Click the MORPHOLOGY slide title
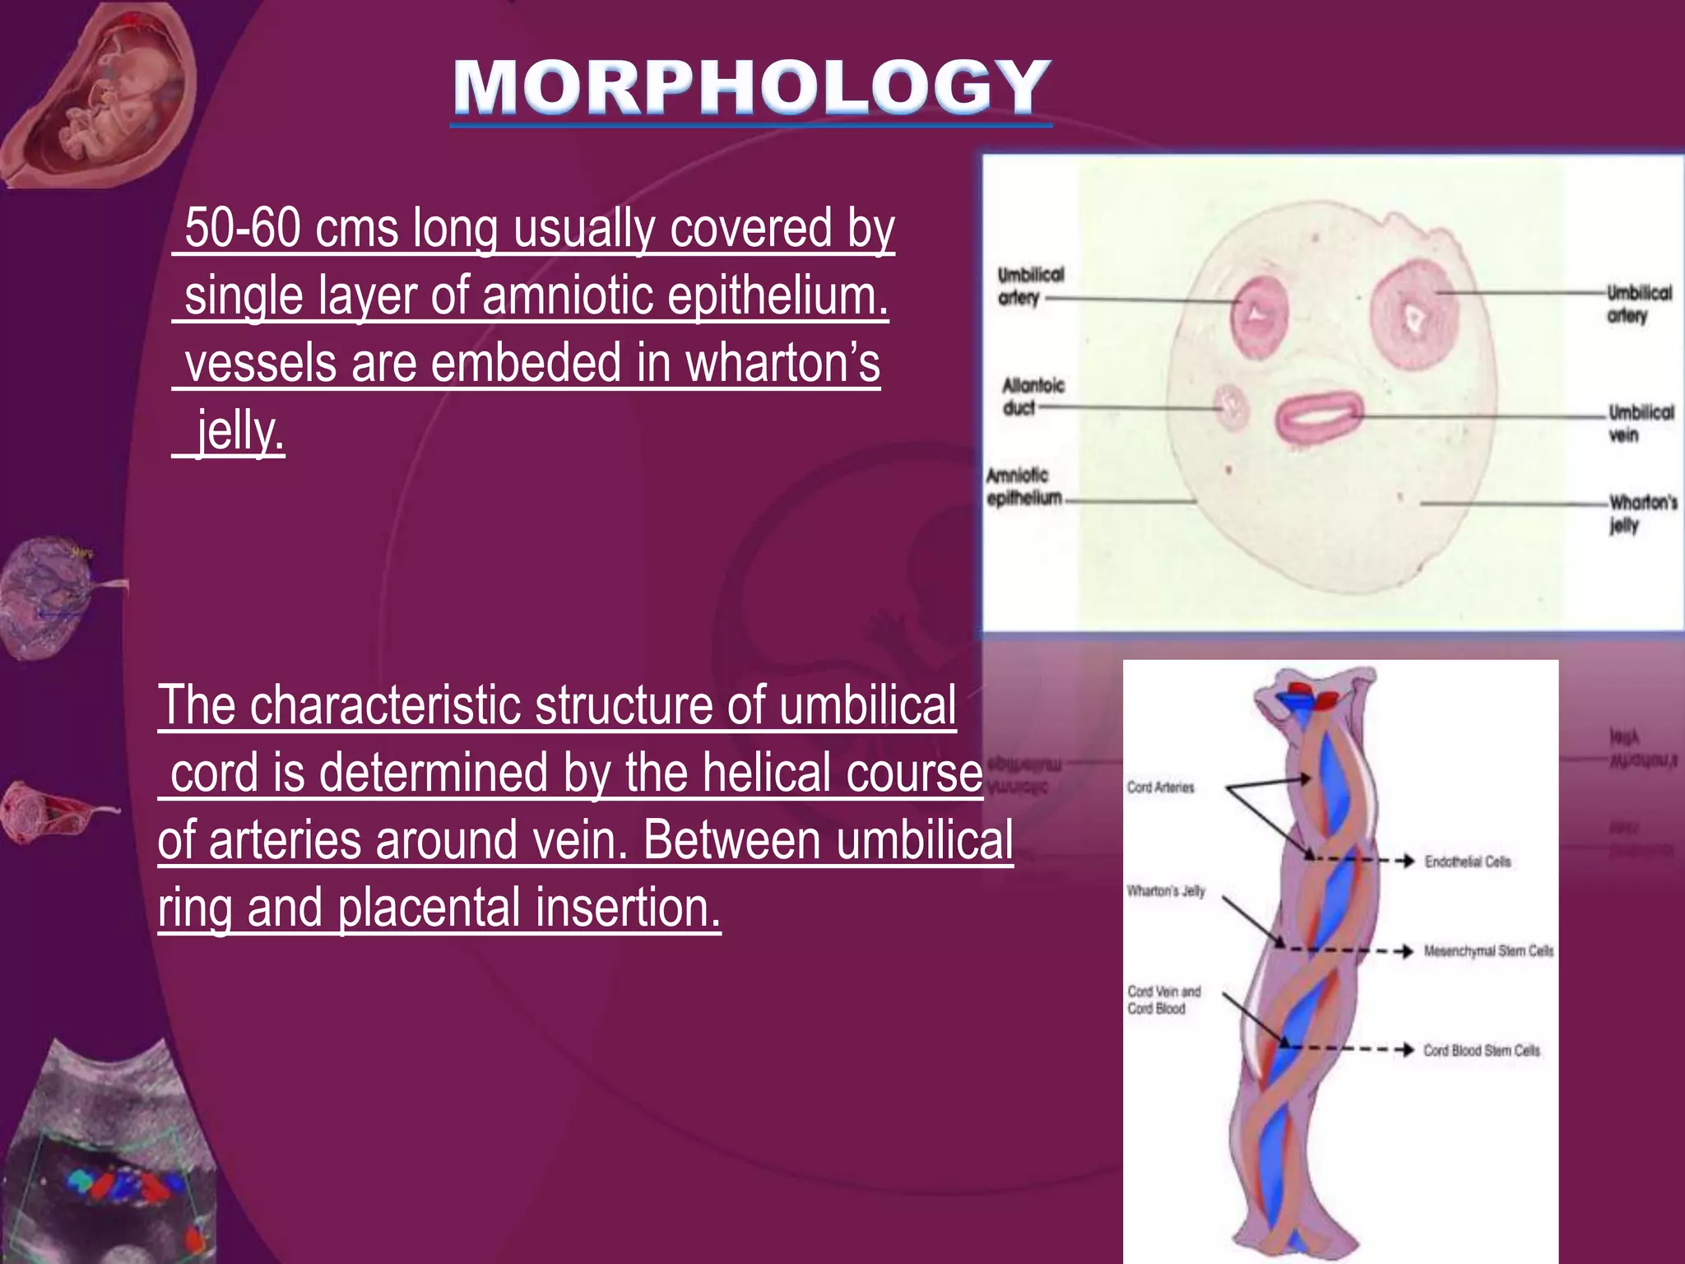[x=751, y=88]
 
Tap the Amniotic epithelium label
[x=1023, y=486]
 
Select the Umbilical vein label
[x=1641, y=423]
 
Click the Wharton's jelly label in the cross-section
[x=1642, y=513]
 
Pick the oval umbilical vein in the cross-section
[x=1320, y=418]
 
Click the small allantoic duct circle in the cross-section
[x=1232, y=408]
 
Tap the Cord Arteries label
[x=1160, y=788]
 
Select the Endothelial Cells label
[x=1468, y=862]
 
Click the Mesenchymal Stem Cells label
[x=1488, y=951]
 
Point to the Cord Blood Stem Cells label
[x=1481, y=1050]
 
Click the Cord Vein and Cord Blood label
[x=1163, y=1000]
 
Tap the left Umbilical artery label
[x=1030, y=286]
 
